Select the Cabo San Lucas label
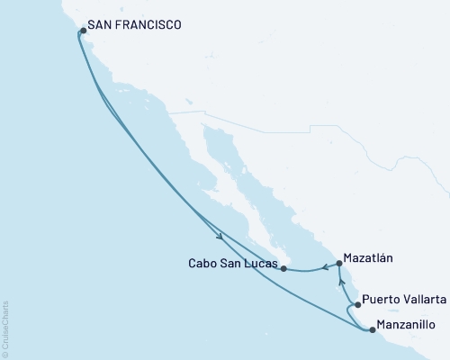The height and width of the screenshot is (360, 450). (x=231, y=266)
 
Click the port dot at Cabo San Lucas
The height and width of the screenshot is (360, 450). (x=283, y=268)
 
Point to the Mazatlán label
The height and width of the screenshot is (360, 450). (x=370, y=257)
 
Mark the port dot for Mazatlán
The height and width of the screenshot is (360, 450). (x=339, y=264)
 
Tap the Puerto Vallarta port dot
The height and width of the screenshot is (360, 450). (x=357, y=305)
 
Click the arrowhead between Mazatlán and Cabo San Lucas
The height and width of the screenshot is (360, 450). (x=325, y=267)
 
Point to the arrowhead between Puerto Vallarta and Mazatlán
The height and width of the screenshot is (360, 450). (x=341, y=282)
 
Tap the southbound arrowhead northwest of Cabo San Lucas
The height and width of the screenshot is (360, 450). (x=220, y=237)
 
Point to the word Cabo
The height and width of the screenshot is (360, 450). (x=201, y=266)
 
